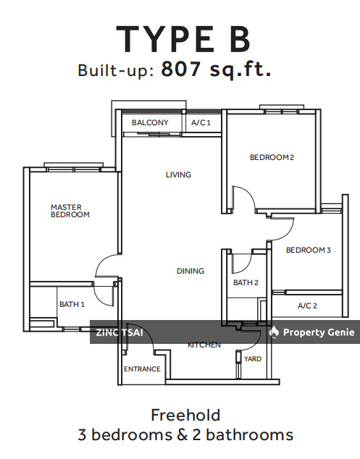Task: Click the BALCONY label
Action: pos(150,122)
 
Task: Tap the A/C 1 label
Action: pos(201,122)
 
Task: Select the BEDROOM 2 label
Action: pos(272,157)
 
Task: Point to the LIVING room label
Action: pos(178,174)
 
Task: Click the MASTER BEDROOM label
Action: pos(70,211)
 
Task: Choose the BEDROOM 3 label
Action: pos(308,250)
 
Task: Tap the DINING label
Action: pos(191,271)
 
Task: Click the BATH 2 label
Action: pos(246,282)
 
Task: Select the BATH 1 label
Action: pos(72,305)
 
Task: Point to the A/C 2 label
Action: pos(307,306)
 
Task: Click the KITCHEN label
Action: pos(204,345)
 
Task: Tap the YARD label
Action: pos(253,359)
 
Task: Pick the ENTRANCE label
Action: pos(142,369)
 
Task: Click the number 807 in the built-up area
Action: pos(181,69)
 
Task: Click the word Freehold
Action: pos(185,415)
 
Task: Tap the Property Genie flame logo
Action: pos(274,332)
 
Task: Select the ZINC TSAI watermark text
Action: pos(120,332)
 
